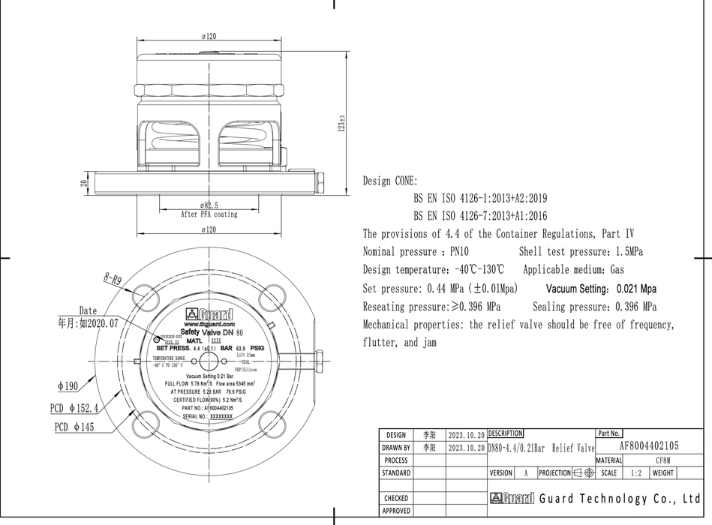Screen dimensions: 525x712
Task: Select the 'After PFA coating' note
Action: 209,214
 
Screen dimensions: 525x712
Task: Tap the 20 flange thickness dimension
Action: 85,182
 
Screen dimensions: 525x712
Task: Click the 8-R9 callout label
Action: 113,279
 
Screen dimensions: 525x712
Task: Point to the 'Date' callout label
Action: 88,310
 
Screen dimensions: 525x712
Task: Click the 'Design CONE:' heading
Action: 390,181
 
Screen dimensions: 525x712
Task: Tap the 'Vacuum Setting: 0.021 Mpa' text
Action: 601,289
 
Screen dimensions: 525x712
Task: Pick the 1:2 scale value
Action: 636,473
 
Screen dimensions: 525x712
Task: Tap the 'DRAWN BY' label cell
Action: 396,447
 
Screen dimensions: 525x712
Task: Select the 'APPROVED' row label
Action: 396,511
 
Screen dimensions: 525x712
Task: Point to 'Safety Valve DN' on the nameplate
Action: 206,331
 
